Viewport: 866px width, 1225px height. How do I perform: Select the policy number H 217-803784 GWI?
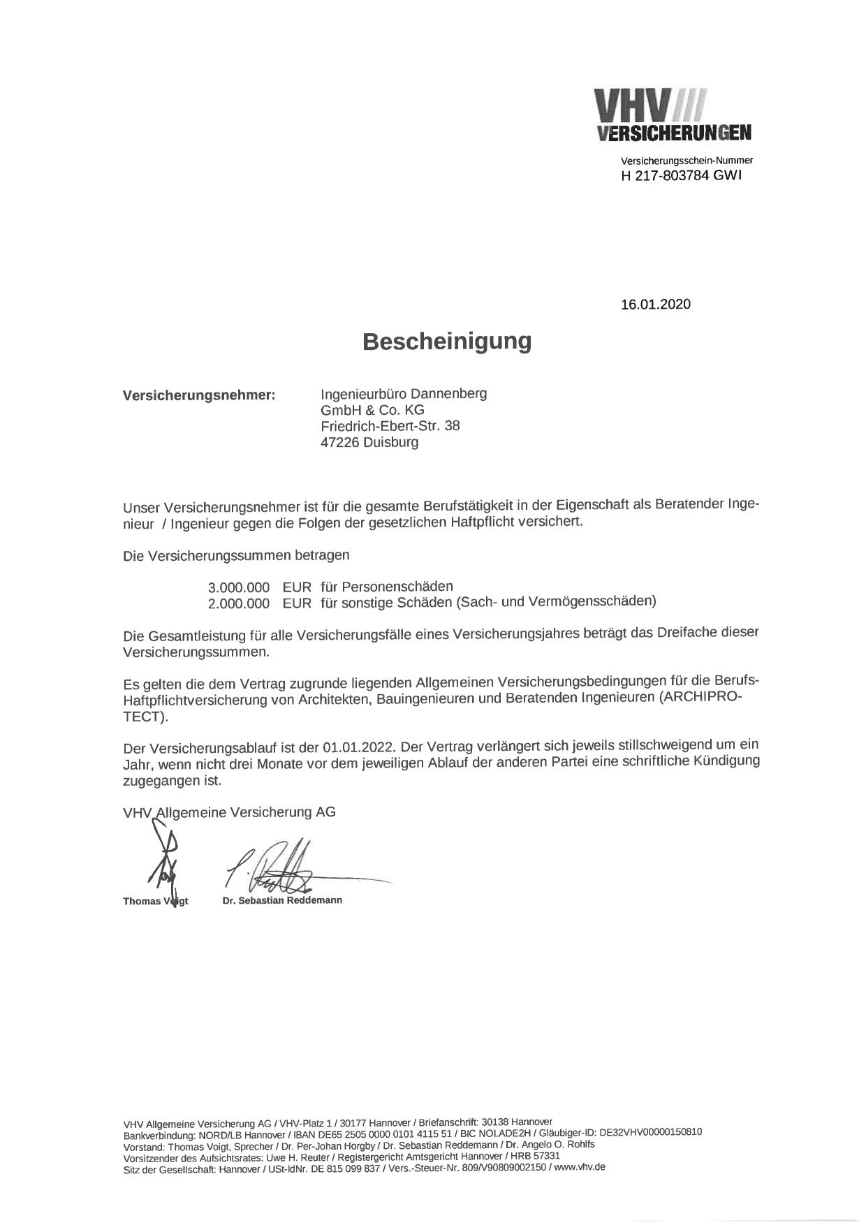click(x=682, y=175)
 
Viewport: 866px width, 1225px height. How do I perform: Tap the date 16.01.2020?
click(x=655, y=305)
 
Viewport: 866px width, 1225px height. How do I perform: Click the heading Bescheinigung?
click(x=446, y=342)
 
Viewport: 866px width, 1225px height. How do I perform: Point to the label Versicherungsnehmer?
click(x=199, y=395)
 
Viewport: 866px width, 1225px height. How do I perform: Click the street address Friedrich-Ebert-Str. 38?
click(x=390, y=426)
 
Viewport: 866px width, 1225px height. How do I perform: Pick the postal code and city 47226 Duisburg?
click(x=369, y=442)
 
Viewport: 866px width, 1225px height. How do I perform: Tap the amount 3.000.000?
click(x=238, y=587)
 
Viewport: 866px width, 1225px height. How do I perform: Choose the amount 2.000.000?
click(x=238, y=603)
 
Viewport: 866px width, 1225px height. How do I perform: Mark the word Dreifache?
click(x=689, y=633)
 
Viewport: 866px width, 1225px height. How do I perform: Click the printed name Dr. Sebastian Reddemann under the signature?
click(x=282, y=900)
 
